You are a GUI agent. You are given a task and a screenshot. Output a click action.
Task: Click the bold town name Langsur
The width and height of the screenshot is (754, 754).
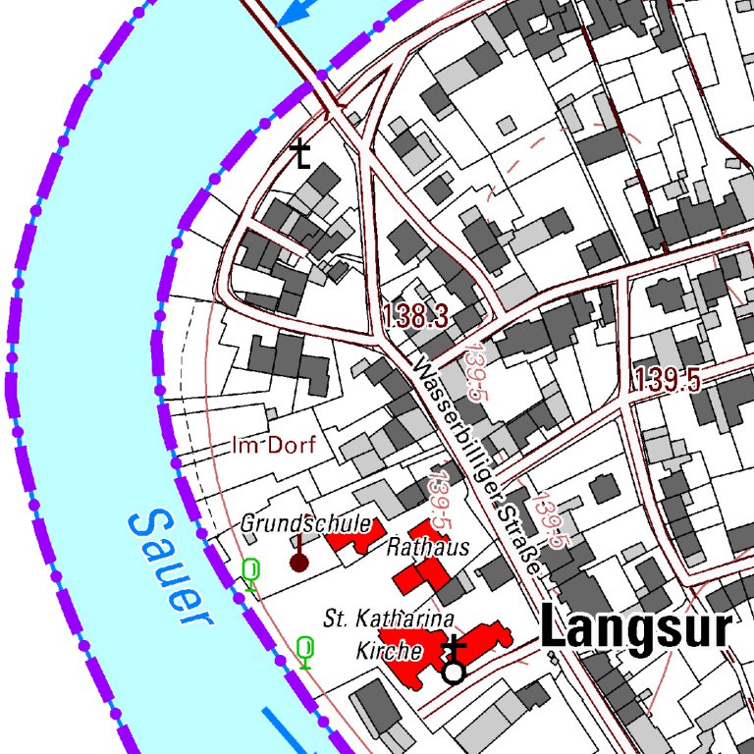pyautogui.click(x=636, y=629)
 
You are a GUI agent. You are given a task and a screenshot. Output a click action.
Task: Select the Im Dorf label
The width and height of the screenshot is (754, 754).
pyautogui.click(x=274, y=446)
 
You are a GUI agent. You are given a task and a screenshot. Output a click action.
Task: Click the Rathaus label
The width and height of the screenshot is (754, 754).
pyautogui.click(x=428, y=547)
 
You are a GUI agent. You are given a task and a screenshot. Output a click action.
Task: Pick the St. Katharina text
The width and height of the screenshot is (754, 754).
pyautogui.click(x=389, y=619)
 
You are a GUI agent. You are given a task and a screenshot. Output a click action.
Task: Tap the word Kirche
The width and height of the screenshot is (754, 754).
pyautogui.click(x=390, y=651)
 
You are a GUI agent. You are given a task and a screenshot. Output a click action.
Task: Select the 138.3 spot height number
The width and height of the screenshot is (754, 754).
pyautogui.click(x=415, y=316)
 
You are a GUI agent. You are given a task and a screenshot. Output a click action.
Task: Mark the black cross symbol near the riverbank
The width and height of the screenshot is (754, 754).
pyautogui.click(x=301, y=154)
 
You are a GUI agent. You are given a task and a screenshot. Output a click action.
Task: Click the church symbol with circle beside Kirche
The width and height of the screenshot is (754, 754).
pyautogui.click(x=454, y=661)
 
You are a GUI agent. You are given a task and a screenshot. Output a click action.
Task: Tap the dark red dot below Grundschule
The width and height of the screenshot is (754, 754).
pyautogui.click(x=298, y=562)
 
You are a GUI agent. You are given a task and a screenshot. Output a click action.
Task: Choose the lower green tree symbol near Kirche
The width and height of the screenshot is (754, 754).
pyautogui.click(x=305, y=651)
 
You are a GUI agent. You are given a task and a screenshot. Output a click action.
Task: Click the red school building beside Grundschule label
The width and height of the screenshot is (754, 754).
pyautogui.click(x=349, y=539)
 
